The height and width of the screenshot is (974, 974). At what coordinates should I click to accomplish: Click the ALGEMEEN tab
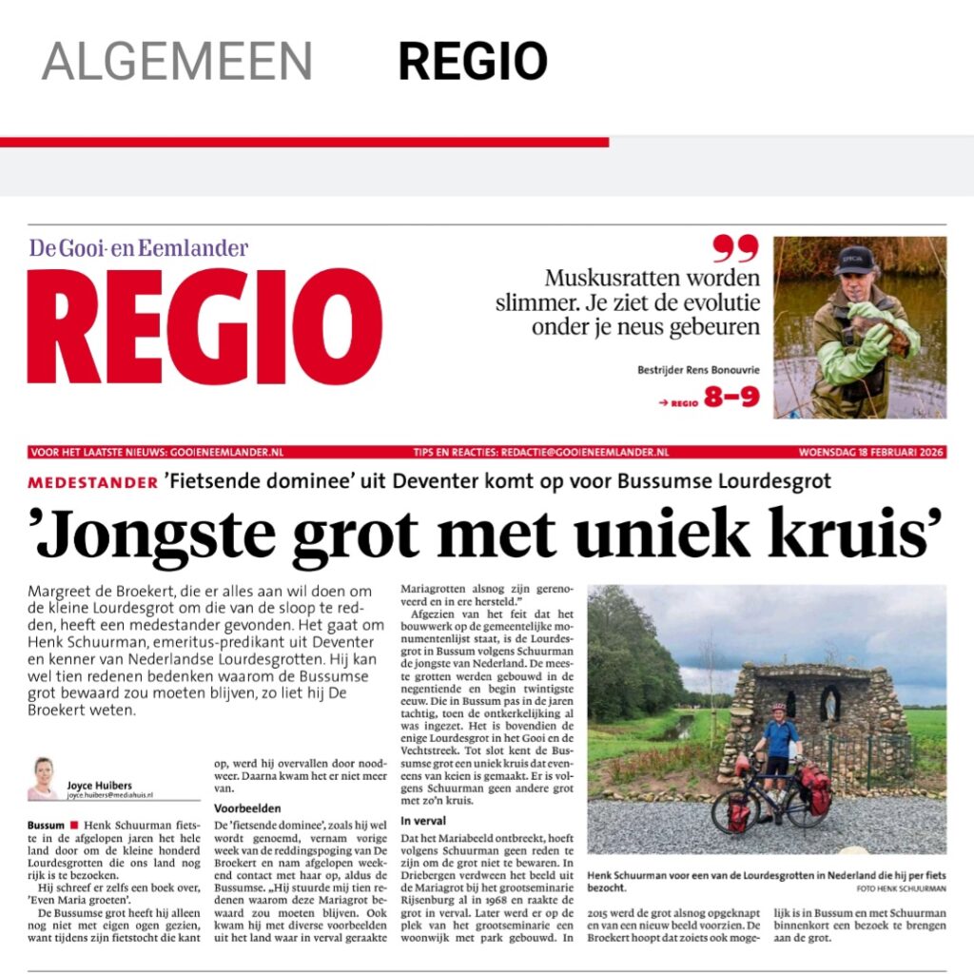tap(177, 61)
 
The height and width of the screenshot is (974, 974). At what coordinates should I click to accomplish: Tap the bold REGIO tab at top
tap(472, 61)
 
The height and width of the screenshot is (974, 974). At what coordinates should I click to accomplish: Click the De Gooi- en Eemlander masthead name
tap(139, 249)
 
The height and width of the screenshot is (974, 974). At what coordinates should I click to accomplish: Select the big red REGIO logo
tap(205, 326)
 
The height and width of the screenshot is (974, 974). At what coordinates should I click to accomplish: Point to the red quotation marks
tap(736, 248)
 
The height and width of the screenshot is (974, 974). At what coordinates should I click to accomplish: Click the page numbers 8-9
tap(731, 397)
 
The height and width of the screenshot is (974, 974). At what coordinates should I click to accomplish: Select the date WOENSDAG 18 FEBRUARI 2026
tap(870, 452)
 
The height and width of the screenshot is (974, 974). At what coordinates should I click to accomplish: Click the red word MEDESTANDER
tap(93, 482)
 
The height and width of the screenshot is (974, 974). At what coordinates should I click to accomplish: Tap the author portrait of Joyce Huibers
tap(44, 778)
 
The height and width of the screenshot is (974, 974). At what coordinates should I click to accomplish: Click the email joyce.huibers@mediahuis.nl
tap(109, 794)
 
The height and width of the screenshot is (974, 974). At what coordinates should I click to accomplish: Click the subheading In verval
tap(424, 820)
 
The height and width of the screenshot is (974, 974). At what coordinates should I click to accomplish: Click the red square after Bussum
tap(72, 824)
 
